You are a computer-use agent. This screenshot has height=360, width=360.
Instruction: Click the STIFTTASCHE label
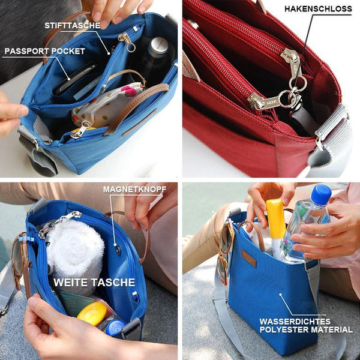[x=73, y=25]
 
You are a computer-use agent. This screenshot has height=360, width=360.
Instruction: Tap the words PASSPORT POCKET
[x=45, y=51]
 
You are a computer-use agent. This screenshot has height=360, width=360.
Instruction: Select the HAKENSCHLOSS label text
[x=318, y=9]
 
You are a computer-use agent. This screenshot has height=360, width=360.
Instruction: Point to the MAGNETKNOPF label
[x=134, y=190]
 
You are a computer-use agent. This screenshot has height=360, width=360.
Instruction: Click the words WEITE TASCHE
[x=94, y=283]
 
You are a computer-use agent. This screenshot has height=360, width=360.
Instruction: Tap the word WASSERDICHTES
[x=295, y=322]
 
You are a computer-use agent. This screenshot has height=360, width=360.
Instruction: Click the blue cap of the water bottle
[x=321, y=194]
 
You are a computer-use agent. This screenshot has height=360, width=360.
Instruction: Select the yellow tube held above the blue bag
[x=276, y=219]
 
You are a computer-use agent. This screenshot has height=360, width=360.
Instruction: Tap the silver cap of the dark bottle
[x=158, y=46]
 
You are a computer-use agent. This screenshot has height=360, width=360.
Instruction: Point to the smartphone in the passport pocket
[x=74, y=78]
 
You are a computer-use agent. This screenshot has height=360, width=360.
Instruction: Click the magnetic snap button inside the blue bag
[x=118, y=250]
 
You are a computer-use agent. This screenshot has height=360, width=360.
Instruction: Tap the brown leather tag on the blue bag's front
[x=248, y=259]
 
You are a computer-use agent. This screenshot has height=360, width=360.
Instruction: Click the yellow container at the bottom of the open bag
[x=92, y=313]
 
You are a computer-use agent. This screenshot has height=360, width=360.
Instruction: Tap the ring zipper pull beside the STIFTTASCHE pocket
[x=127, y=42]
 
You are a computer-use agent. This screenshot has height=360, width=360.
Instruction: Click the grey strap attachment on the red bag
[x=331, y=128]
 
